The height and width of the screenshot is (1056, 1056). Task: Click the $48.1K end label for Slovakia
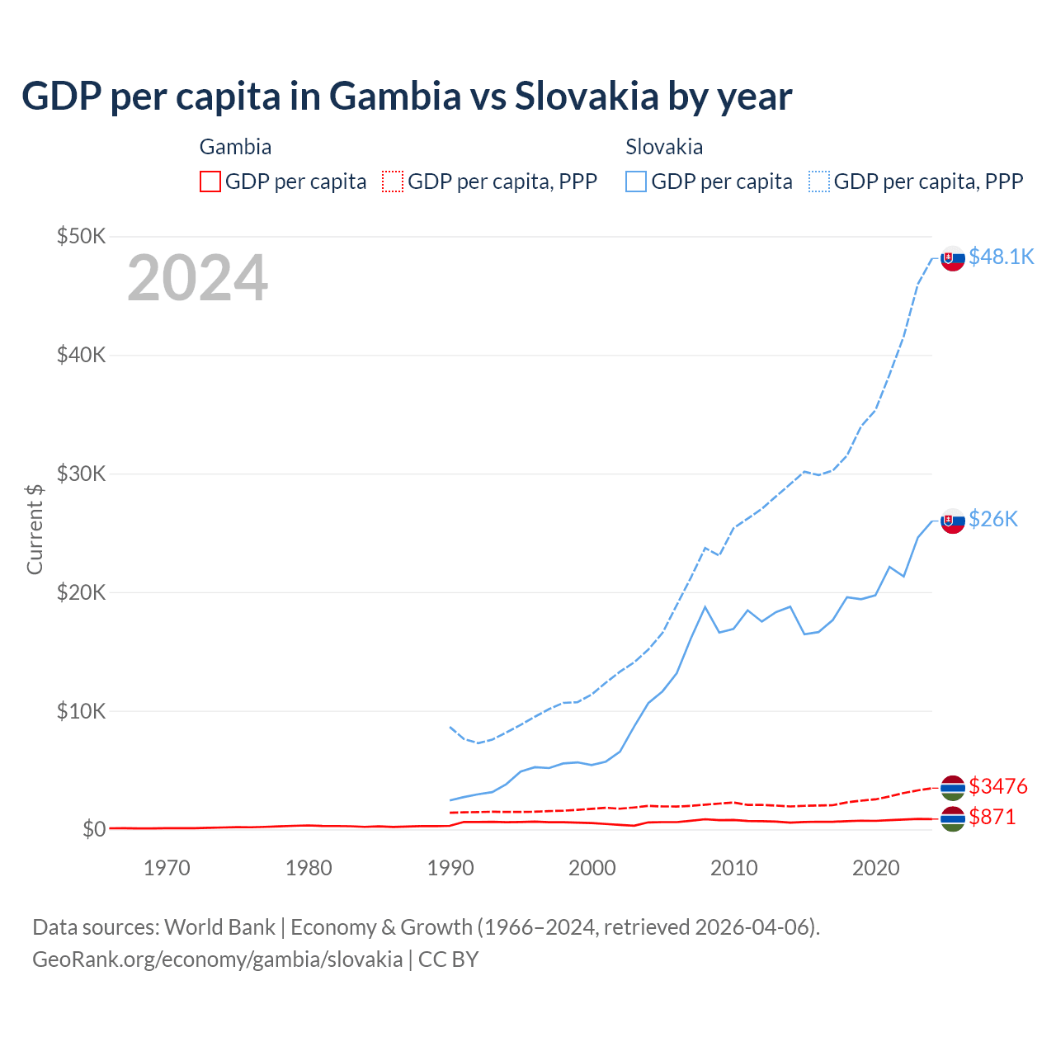(1001, 257)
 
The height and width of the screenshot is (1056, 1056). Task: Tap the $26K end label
(993, 518)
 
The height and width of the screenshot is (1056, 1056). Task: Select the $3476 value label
(998, 785)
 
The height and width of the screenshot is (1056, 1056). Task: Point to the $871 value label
(992, 817)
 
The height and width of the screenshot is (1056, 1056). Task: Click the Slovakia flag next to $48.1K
(953, 258)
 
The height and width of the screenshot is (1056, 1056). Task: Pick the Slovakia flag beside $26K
(953, 521)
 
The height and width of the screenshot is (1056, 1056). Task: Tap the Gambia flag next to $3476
(953, 788)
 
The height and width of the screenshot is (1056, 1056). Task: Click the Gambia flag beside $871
(953, 819)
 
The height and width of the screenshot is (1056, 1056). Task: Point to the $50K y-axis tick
(82, 236)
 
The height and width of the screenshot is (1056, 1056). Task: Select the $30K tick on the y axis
(82, 474)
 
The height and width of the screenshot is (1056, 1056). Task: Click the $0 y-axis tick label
(94, 829)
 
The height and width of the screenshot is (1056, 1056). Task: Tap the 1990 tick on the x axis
(450, 868)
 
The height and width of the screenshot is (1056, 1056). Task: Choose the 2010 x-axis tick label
(734, 868)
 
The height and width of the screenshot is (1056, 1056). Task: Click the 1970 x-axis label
(167, 868)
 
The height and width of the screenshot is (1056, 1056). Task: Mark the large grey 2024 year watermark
(197, 278)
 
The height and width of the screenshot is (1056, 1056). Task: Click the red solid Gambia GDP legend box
(210, 181)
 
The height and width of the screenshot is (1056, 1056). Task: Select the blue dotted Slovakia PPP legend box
(819, 181)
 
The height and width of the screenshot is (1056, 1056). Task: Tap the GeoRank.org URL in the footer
(217, 959)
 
